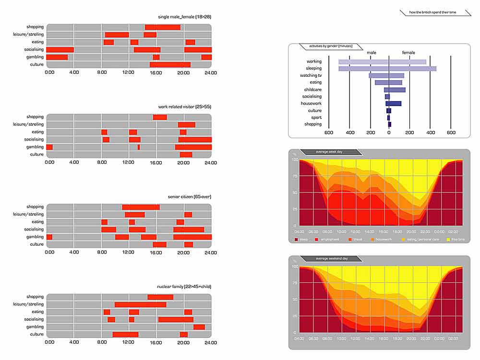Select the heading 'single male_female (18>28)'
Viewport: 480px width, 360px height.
pos(184,17)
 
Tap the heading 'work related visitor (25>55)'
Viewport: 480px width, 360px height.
pos(184,107)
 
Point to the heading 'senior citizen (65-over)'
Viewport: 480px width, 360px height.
pos(190,197)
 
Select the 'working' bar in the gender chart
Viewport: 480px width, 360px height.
pos(382,62)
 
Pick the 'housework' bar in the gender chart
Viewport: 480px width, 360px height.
pos(393,104)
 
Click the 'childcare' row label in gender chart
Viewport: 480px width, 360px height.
pos(312,90)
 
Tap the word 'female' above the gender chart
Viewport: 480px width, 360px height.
pos(408,52)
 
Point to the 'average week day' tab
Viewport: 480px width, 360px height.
pos(329,152)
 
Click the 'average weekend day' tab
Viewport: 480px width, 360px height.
pos(331,259)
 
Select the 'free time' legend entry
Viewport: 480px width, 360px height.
pos(456,239)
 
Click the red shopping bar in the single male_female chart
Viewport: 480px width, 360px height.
pos(163,27)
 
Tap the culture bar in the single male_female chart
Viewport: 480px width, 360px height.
pos(170,65)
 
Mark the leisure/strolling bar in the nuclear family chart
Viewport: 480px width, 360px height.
pos(140,304)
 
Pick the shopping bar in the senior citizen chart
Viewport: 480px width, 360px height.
pos(141,207)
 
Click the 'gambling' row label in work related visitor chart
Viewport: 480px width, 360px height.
pos(35,147)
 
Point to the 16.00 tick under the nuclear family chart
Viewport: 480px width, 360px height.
pos(156,343)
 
